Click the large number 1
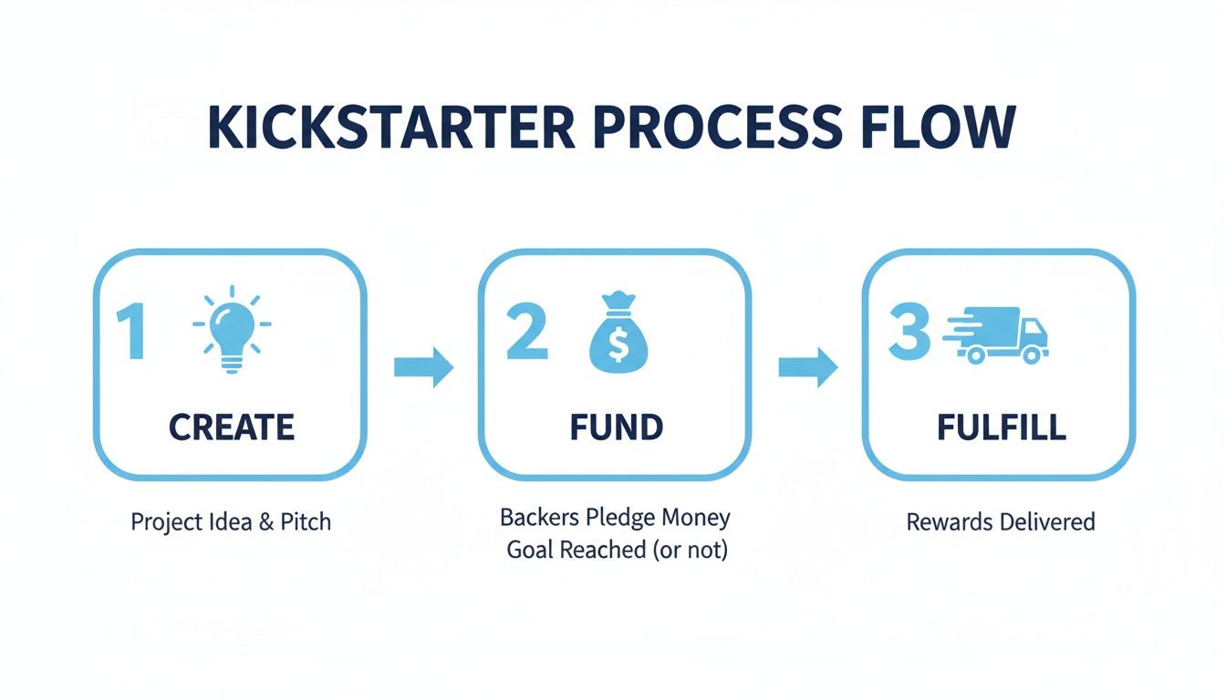click(133, 334)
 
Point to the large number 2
click(526, 333)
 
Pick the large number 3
click(909, 334)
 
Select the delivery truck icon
click(996, 335)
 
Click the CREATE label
click(232, 427)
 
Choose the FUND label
click(616, 427)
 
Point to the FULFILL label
click(1001, 427)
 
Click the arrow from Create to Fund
click(423, 367)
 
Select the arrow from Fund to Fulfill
click(807, 367)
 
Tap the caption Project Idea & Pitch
click(231, 522)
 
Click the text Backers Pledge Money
click(616, 518)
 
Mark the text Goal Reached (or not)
click(618, 551)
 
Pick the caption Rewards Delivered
click(1001, 522)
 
